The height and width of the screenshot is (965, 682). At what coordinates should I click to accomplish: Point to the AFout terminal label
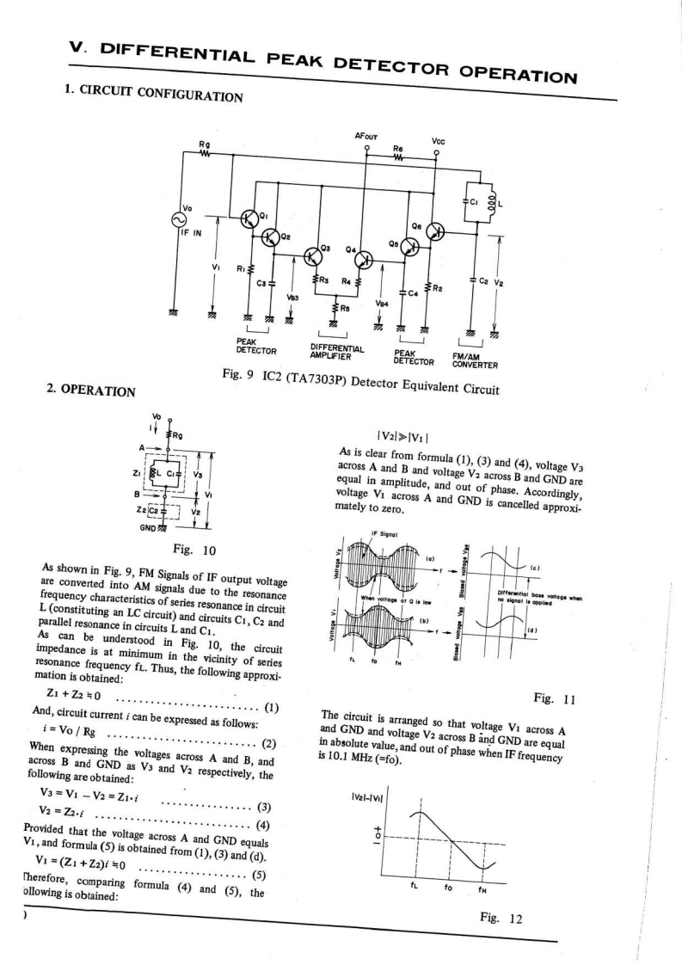pyautogui.click(x=367, y=137)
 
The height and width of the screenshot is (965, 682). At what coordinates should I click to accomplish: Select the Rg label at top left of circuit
pyautogui.click(x=204, y=144)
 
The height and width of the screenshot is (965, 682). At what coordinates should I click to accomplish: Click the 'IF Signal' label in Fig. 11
pyautogui.click(x=382, y=534)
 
